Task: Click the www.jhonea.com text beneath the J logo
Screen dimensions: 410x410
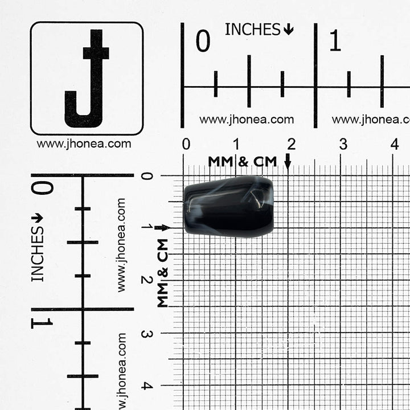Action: coord(84,144)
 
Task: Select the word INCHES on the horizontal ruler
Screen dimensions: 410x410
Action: coord(253,29)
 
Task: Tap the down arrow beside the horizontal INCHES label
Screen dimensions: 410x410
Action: coord(288,29)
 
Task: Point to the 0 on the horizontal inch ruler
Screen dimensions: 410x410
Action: coord(203,40)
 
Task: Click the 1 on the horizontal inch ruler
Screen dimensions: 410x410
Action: coord(335,40)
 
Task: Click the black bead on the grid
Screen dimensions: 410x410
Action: coord(229,207)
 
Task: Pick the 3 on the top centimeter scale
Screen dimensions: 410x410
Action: coord(343,144)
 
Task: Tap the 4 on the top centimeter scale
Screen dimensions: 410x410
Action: coord(395,144)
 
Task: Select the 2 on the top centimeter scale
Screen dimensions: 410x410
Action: coord(292,144)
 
